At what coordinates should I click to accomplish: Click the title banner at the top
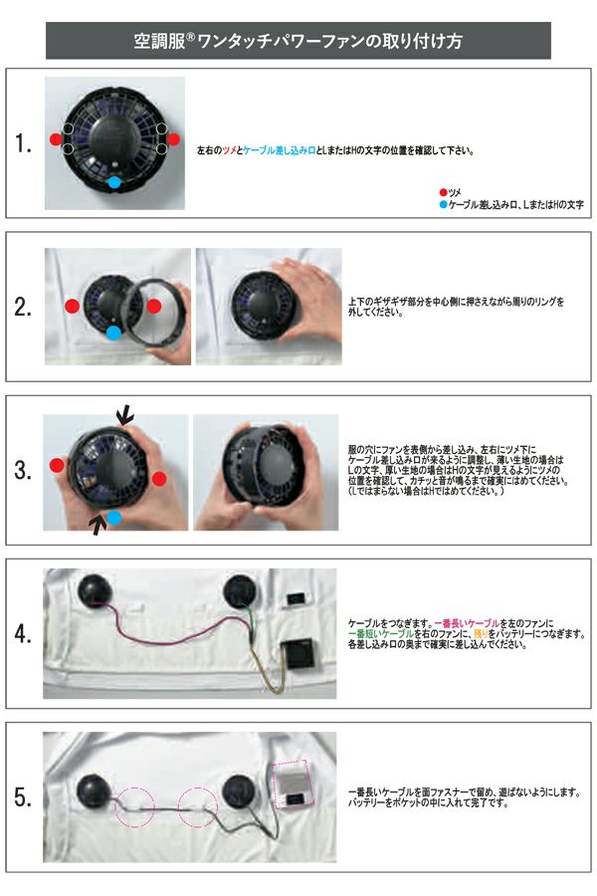click(x=298, y=41)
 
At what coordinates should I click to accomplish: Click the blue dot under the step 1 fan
click(x=114, y=183)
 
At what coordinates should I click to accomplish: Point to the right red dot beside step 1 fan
click(x=174, y=139)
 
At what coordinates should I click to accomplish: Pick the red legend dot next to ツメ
click(x=443, y=191)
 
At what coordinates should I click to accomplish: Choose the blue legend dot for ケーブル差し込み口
click(x=443, y=203)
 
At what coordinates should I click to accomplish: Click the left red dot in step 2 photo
click(x=71, y=306)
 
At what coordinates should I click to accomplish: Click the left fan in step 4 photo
click(x=97, y=589)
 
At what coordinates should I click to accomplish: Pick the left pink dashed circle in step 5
click(x=135, y=803)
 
